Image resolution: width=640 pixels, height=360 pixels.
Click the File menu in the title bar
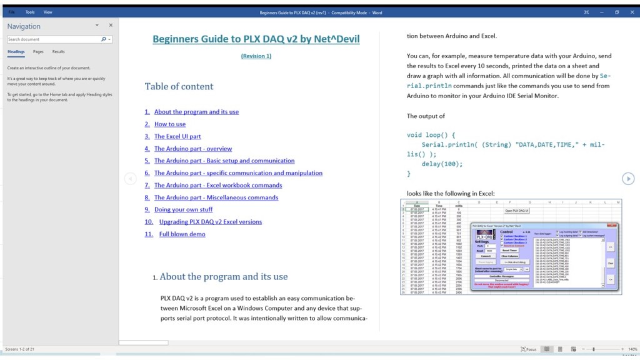tap(11, 12)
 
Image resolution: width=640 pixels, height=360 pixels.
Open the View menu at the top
tap(48, 12)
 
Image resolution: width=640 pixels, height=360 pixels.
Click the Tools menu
tap(30, 12)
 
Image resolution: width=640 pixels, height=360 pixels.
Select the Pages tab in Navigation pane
tap(38, 52)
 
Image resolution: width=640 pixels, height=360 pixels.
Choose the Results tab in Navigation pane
tap(58, 52)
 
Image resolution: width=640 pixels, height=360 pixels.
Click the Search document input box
tap(54, 39)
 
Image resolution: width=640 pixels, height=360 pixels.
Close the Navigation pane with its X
tap(111, 26)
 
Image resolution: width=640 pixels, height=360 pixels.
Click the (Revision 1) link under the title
tap(256, 56)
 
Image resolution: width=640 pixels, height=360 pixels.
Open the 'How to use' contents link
tap(170, 124)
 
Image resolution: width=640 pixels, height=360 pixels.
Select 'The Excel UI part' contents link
tap(177, 136)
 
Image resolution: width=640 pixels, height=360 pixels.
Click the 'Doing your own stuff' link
tap(183, 210)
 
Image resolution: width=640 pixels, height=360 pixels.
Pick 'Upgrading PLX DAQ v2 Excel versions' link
tap(211, 222)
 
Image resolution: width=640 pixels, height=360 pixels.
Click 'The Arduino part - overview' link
tap(193, 149)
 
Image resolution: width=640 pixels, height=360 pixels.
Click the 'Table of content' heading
tap(179, 87)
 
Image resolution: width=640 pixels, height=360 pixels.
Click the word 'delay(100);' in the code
tap(442, 164)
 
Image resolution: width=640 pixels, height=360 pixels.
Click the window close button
tap(631, 12)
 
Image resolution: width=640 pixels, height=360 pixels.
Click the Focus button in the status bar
tap(529, 349)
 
